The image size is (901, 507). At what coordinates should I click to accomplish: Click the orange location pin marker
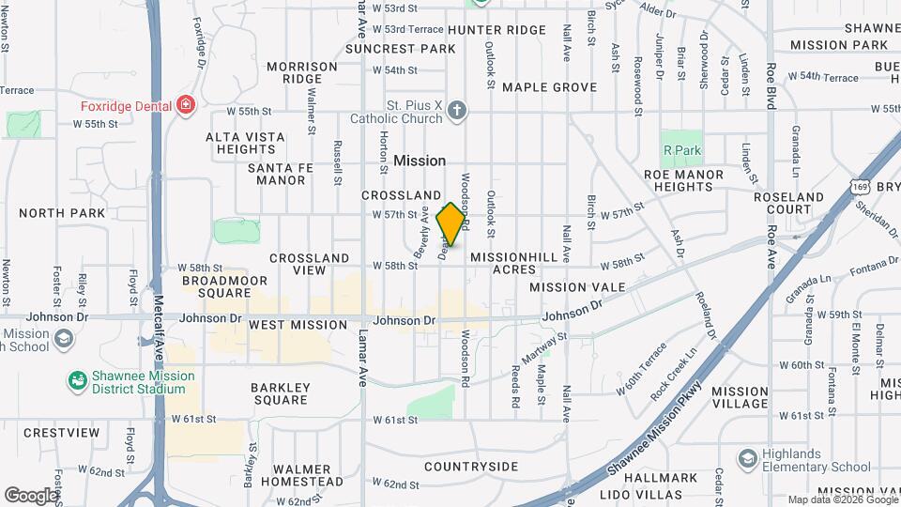click(451, 223)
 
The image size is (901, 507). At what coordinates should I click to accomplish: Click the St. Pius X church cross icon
click(457, 112)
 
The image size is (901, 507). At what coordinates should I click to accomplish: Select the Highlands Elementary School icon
click(747, 459)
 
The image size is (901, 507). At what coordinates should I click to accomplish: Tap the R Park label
click(682, 150)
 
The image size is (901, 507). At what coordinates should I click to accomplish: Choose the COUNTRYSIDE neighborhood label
click(470, 467)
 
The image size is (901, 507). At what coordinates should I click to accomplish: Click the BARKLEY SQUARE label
click(280, 393)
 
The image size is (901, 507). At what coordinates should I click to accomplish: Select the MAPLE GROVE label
click(549, 87)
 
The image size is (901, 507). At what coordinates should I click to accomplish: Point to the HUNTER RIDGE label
click(496, 30)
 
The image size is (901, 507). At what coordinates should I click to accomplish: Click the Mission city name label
click(420, 161)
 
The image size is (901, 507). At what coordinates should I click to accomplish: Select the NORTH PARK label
click(62, 213)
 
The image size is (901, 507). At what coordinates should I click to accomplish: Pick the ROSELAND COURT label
click(787, 204)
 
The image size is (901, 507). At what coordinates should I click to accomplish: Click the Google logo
click(32, 495)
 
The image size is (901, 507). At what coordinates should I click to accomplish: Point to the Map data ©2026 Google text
click(841, 499)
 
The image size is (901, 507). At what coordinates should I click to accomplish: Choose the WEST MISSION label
click(298, 325)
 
